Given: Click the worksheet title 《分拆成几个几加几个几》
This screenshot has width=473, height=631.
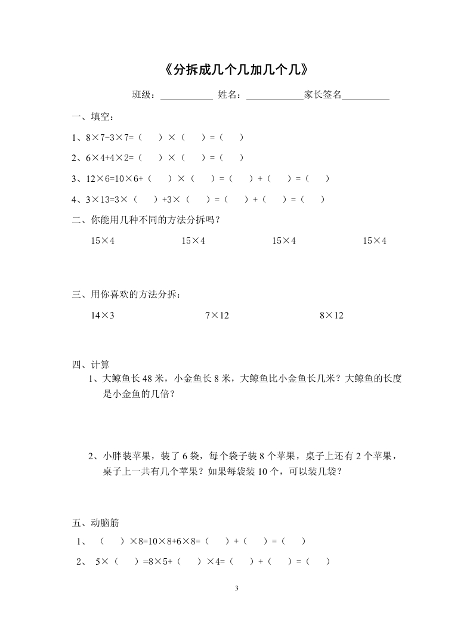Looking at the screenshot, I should tap(236, 70).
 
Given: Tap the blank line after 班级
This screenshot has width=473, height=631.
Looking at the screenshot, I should tap(187, 95).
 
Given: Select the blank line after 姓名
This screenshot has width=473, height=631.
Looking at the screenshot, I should tap(274, 95).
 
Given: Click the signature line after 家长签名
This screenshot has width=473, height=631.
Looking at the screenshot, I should tap(365, 95).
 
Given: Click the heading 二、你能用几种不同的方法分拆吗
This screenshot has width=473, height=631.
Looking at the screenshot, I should tap(147, 220).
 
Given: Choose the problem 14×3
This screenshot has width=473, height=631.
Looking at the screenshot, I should tap(103, 315).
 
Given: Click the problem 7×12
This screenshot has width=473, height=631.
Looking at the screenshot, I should tap(217, 315).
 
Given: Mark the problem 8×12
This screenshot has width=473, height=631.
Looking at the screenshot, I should tap(332, 315).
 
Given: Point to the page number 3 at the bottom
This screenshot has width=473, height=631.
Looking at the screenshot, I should tap(237, 589).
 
